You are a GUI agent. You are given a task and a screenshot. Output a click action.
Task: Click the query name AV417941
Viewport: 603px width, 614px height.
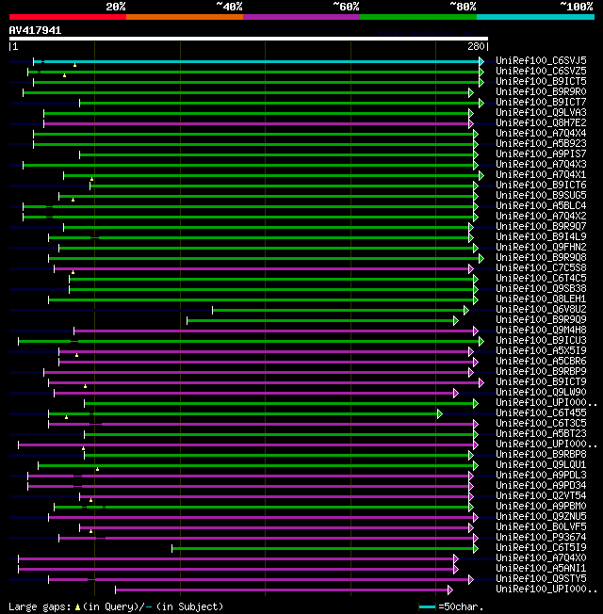tap(35, 30)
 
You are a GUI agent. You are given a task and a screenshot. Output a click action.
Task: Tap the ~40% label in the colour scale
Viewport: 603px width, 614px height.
tap(229, 7)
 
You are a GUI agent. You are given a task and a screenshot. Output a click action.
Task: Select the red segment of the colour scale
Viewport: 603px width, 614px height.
tap(67, 17)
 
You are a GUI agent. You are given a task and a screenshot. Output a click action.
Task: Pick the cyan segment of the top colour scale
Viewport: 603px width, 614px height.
tap(534, 17)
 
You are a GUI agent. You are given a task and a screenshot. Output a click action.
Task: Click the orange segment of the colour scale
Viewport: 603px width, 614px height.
tap(184, 17)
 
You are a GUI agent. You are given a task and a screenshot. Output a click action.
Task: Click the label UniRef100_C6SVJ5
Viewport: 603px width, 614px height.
tap(541, 60)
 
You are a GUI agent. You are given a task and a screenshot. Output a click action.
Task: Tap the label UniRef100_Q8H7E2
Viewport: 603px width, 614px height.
tap(541, 122)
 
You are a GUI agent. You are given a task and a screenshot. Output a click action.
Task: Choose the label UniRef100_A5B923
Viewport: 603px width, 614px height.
tap(541, 143)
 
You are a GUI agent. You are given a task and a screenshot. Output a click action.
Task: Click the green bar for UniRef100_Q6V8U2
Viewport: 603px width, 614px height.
tap(339, 310)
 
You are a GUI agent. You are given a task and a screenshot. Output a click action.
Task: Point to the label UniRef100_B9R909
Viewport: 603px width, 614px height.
tap(541, 319)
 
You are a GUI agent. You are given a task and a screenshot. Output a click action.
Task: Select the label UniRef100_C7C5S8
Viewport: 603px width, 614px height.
tap(541, 267)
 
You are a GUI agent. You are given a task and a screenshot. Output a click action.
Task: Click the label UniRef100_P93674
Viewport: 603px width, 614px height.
tap(541, 537)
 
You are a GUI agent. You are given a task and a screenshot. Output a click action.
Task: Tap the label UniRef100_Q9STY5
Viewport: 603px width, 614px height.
tap(541, 578)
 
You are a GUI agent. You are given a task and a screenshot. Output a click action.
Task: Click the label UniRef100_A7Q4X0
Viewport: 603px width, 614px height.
tap(541, 557)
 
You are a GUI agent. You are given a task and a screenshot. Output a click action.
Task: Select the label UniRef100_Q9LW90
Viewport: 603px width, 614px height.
tap(541, 392)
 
